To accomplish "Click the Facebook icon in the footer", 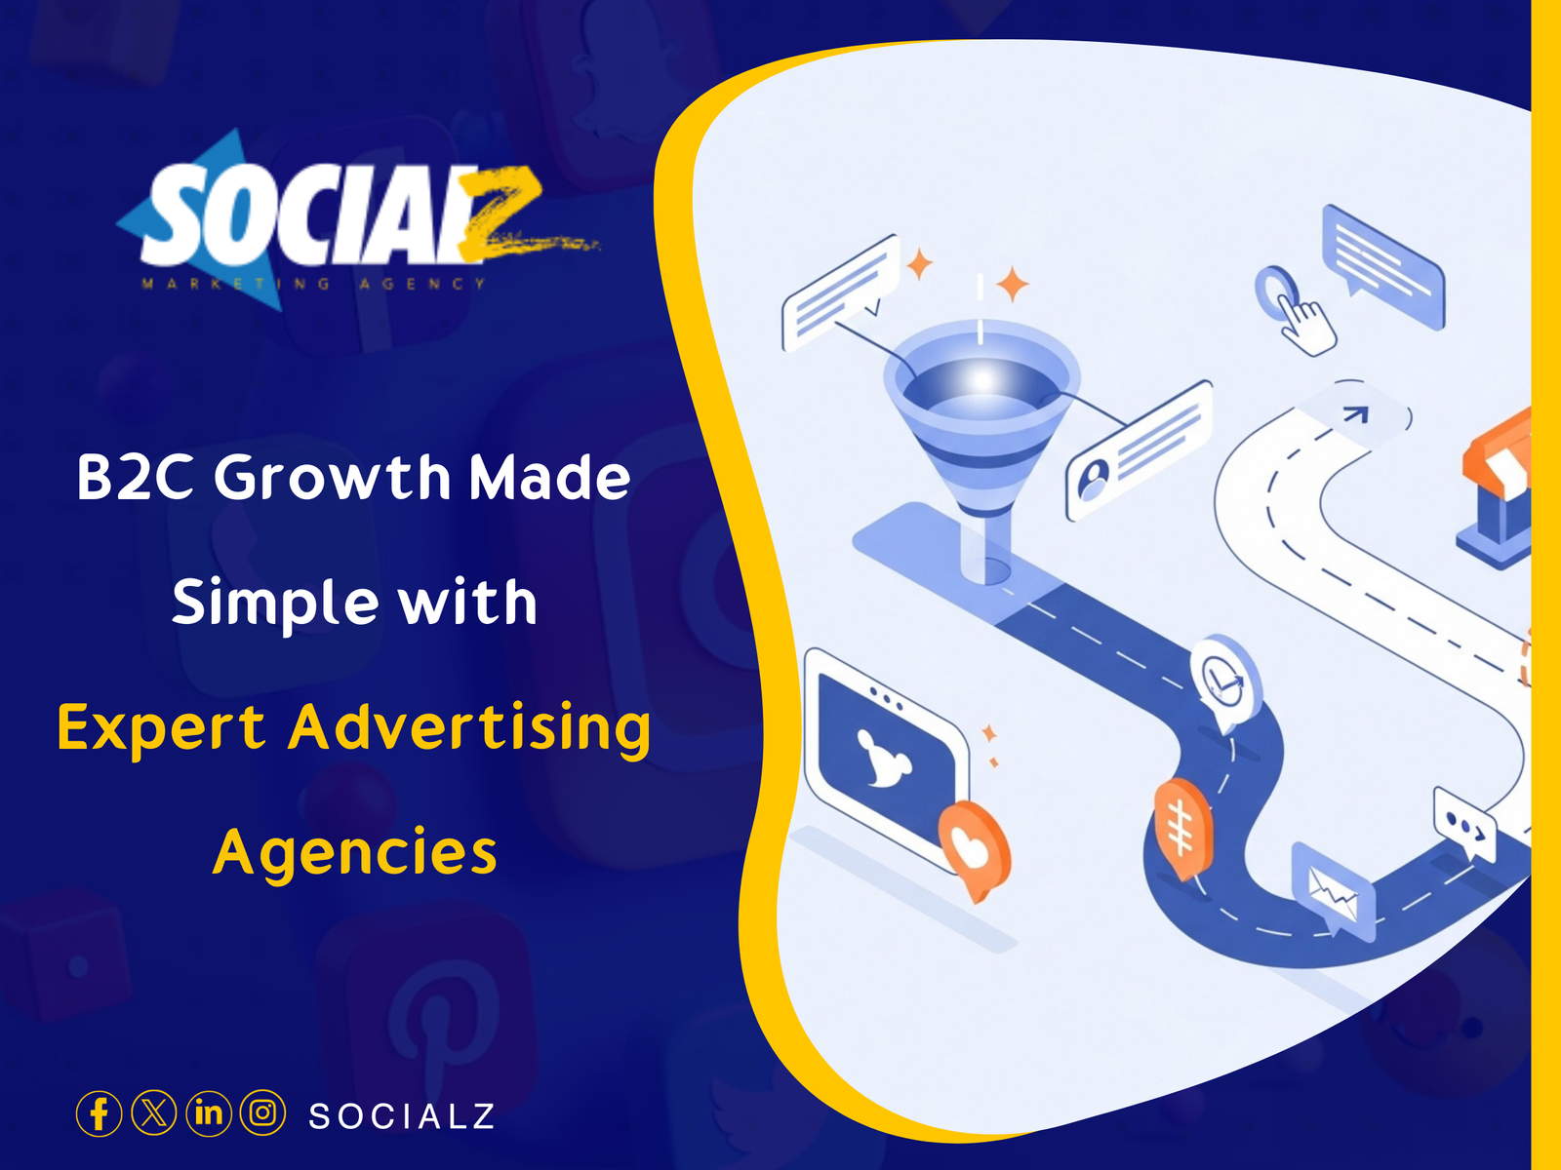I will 99,1112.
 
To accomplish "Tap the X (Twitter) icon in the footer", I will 154,1112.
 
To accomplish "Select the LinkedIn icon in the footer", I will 209,1112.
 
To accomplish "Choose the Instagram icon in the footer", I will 262,1112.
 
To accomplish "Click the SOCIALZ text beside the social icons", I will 401,1115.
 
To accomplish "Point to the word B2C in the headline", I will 136,478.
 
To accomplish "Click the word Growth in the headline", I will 333,478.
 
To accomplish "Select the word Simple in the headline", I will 273,604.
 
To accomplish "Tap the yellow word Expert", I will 161,728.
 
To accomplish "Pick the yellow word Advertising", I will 469,728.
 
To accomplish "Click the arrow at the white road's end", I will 1357,413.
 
